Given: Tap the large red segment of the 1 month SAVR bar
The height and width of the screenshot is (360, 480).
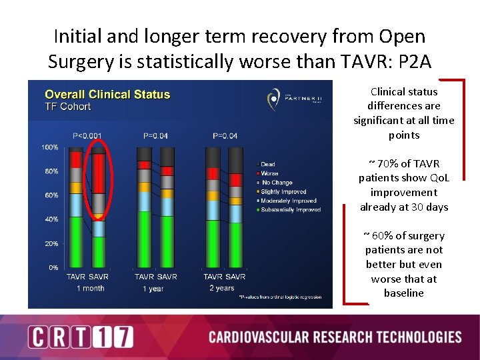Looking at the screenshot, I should click(x=98, y=174).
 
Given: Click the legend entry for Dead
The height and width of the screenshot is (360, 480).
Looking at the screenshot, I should click(x=269, y=164).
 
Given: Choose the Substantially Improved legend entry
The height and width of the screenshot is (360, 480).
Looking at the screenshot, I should click(x=291, y=210).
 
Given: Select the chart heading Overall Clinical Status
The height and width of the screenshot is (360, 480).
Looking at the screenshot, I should click(x=107, y=95).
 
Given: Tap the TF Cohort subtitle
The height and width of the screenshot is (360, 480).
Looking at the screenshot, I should click(x=67, y=107).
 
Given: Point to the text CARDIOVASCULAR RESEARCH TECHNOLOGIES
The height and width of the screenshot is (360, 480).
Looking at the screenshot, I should click(x=335, y=337).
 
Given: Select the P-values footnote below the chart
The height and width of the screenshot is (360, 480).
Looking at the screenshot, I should click(x=280, y=297).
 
